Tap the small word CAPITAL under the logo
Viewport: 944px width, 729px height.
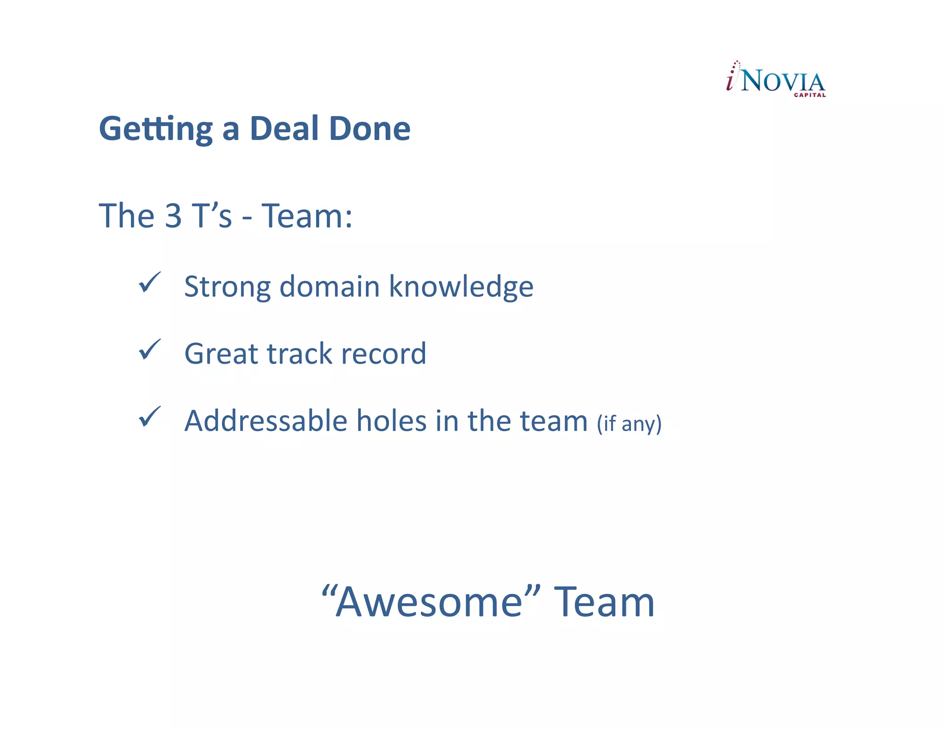tap(809, 95)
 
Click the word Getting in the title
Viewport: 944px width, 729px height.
tap(156, 129)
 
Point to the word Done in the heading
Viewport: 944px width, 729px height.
tap(370, 129)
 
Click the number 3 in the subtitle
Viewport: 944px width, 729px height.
tap(173, 216)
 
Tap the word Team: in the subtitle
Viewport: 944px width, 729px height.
tap(307, 216)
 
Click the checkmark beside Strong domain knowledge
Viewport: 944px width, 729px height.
tap(149, 282)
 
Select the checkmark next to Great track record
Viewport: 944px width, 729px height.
tap(149, 350)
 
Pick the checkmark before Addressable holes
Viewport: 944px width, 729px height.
tap(149, 417)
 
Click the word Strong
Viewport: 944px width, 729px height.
tap(227, 287)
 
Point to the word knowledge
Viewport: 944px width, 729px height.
tap(461, 287)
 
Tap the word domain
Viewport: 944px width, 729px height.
tap(330, 286)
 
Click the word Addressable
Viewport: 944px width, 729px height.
tap(266, 421)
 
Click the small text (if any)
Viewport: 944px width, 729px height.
tap(629, 423)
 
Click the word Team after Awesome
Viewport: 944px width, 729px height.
tap(604, 602)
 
